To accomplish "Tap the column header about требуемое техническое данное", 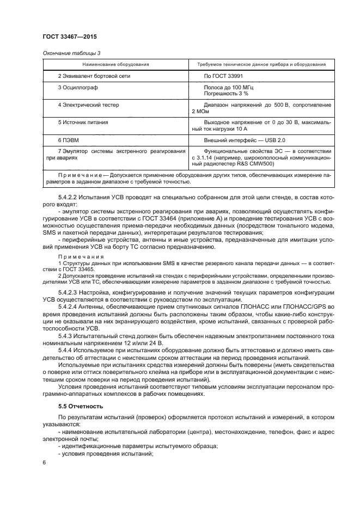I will (x=258, y=64).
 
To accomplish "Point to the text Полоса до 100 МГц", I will (x=228, y=87).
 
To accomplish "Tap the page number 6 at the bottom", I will (x=44, y=462).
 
